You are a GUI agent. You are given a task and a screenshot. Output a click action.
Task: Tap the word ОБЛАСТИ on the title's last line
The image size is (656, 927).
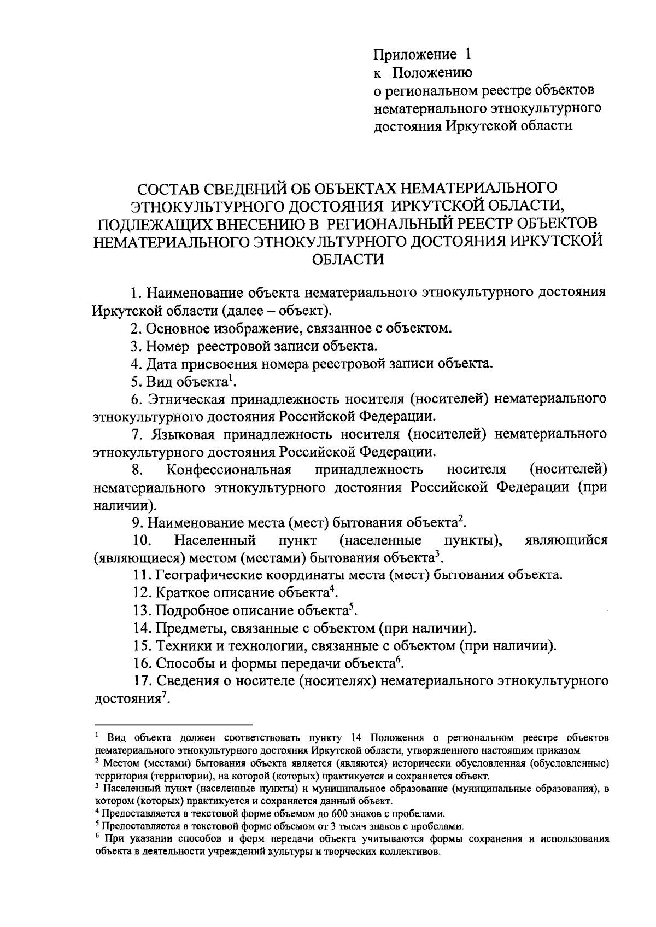click(x=348, y=259)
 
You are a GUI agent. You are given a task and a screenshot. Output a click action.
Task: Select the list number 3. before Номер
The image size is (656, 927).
click(x=136, y=346)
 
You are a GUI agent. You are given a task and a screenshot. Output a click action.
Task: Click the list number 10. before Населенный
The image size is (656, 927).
click(x=142, y=540)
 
